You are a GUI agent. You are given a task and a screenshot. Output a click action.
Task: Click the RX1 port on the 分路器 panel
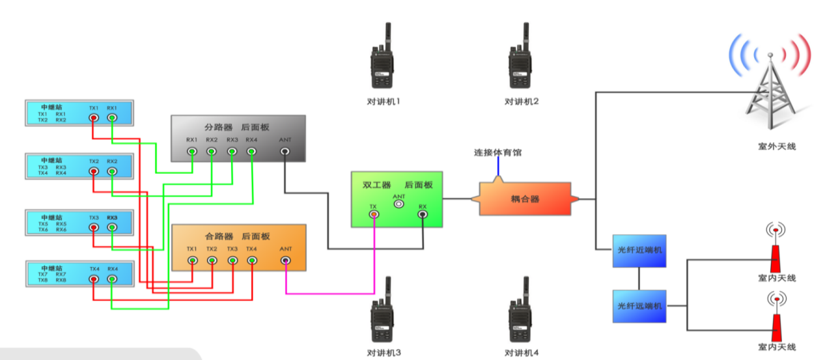click(192, 152)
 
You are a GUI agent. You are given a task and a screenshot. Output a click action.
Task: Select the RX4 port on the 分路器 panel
click(252, 152)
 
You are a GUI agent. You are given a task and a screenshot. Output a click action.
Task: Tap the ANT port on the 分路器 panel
click(285, 152)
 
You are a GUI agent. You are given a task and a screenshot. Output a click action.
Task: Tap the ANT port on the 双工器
click(399, 203)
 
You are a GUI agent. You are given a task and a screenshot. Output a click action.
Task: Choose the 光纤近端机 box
click(639, 251)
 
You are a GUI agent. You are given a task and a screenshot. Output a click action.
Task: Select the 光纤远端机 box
click(639, 306)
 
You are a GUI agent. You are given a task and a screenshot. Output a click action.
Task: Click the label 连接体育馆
click(497, 153)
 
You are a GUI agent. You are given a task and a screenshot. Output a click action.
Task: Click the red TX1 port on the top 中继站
click(94, 118)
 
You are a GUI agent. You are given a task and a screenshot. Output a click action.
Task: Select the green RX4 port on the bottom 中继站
click(112, 279)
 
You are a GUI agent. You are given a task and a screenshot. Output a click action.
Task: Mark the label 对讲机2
click(522, 102)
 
